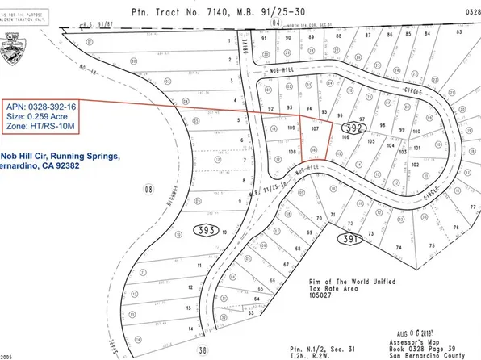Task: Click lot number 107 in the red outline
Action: tap(316, 128)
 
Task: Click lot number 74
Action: tap(398, 247)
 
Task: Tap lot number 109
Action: tap(291, 128)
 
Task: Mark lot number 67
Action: tap(285, 265)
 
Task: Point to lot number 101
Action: tap(416, 147)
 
